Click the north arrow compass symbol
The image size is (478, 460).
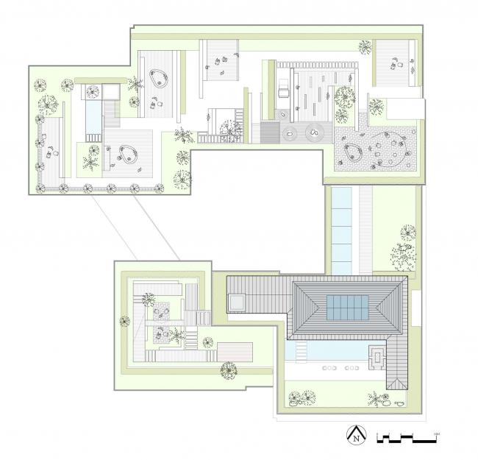pyautogui.click(x=357, y=436)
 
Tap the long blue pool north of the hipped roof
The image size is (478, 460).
pyautogui.click(x=343, y=226)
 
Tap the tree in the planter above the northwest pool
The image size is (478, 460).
pyautogui.click(x=93, y=92)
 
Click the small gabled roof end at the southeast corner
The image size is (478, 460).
pyautogui.click(x=398, y=383)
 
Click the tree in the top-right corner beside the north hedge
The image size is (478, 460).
pyautogui.click(x=363, y=49)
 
